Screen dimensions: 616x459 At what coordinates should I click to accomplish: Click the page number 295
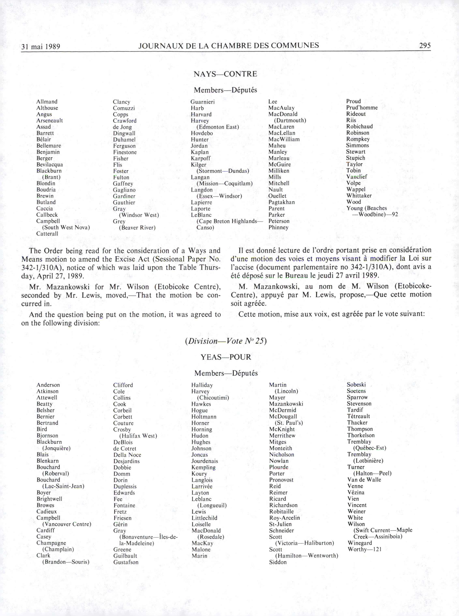(x=425, y=46)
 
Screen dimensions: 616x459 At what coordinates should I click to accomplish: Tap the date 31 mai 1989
(x=41, y=46)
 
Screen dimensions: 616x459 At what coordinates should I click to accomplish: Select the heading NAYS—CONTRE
(x=225, y=74)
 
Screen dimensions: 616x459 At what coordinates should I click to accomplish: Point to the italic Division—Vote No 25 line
(x=226, y=341)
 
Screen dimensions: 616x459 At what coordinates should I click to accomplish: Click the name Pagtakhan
(x=281, y=202)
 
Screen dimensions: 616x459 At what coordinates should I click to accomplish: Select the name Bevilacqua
(x=49, y=165)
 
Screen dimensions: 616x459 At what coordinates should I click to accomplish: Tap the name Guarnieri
(x=203, y=102)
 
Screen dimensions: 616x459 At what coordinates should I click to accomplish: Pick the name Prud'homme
(x=362, y=108)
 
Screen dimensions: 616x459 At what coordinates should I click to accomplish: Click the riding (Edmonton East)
(x=218, y=127)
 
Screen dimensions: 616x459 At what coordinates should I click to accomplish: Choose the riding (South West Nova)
(x=66, y=228)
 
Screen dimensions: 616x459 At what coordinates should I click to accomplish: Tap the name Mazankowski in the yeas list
(x=286, y=404)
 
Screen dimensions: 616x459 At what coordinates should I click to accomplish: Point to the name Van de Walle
(x=364, y=480)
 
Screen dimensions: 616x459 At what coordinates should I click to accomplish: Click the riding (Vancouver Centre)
(x=67, y=524)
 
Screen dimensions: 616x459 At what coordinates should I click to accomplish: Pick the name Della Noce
(x=127, y=455)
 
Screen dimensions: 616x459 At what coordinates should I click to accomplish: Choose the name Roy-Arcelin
(x=284, y=518)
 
